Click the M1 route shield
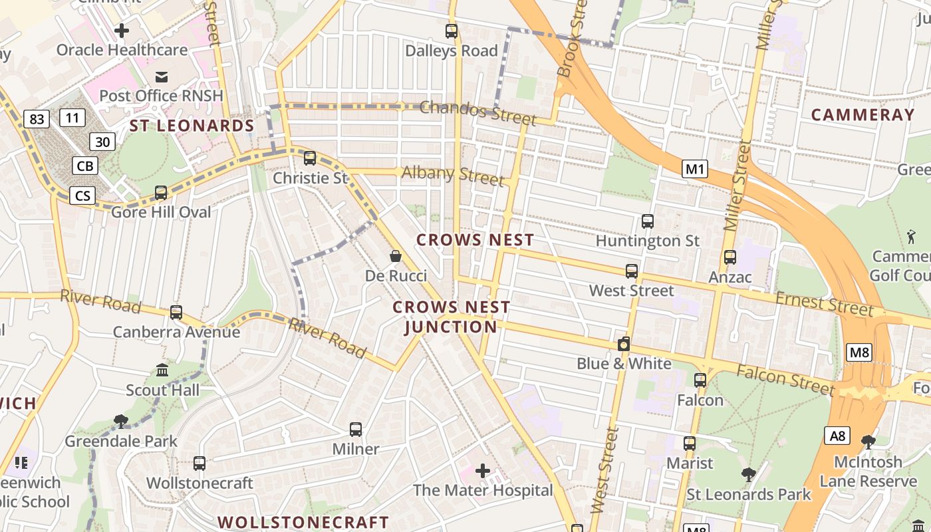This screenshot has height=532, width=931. (x=695, y=169)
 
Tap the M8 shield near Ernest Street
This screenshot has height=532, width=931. (x=859, y=352)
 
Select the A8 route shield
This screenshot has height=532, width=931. (x=837, y=436)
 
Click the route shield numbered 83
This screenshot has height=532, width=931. (x=37, y=119)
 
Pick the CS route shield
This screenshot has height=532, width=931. (x=83, y=196)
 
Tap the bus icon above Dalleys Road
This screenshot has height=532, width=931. (x=452, y=31)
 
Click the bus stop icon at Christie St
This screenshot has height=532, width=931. (x=310, y=158)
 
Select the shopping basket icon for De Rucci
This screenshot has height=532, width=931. (x=396, y=256)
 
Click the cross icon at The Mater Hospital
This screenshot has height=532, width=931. (x=483, y=471)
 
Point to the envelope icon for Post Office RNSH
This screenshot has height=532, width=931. (x=162, y=76)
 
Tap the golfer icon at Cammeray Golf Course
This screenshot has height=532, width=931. (x=910, y=236)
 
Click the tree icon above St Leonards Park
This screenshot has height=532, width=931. (x=749, y=474)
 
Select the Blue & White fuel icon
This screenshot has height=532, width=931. (x=624, y=344)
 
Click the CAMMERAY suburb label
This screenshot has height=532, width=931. (x=863, y=115)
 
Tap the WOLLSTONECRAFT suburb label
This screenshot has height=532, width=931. (x=303, y=522)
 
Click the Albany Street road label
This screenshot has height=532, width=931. (x=452, y=175)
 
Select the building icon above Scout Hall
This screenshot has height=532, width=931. (x=162, y=370)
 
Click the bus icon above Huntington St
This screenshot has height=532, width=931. (x=648, y=221)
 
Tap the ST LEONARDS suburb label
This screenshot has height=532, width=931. (x=192, y=126)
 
